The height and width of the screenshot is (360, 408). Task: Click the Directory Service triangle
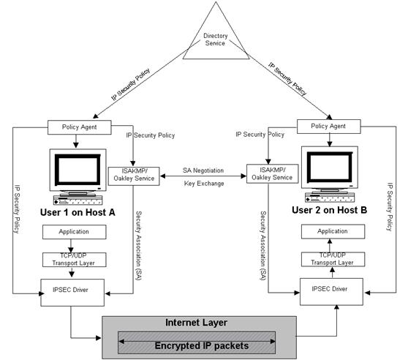[x=216, y=39]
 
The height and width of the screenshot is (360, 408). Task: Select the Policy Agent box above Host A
[x=80, y=127]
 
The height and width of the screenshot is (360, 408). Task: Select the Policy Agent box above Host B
[x=328, y=127]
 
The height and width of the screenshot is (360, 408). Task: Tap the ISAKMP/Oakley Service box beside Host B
[x=272, y=173]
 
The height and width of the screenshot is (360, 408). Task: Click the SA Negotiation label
[x=203, y=170]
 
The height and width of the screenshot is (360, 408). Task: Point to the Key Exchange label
[x=204, y=184]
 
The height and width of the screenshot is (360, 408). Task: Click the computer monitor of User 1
[x=78, y=170]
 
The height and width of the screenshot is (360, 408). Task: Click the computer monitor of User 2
[x=330, y=168]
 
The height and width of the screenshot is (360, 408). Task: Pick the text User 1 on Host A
[x=78, y=212]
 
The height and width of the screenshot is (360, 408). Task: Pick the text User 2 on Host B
[x=330, y=210]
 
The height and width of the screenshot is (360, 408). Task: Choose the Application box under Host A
[x=74, y=232]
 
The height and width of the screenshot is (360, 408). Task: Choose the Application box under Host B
[x=333, y=231]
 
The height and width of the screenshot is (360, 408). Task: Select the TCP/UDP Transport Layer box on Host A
[x=74, y=260]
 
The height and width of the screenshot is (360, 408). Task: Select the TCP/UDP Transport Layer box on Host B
[x=333, y=259]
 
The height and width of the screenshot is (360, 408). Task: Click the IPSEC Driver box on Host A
[x=72, y=293]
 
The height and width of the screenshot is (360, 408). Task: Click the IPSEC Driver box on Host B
[x=331, y=291]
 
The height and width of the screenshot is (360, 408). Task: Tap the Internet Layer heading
[x=196, y=323]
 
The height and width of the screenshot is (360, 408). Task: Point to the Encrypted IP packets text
[x=202, y=346]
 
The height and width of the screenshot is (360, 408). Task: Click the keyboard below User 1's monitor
[x=78, y=200]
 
